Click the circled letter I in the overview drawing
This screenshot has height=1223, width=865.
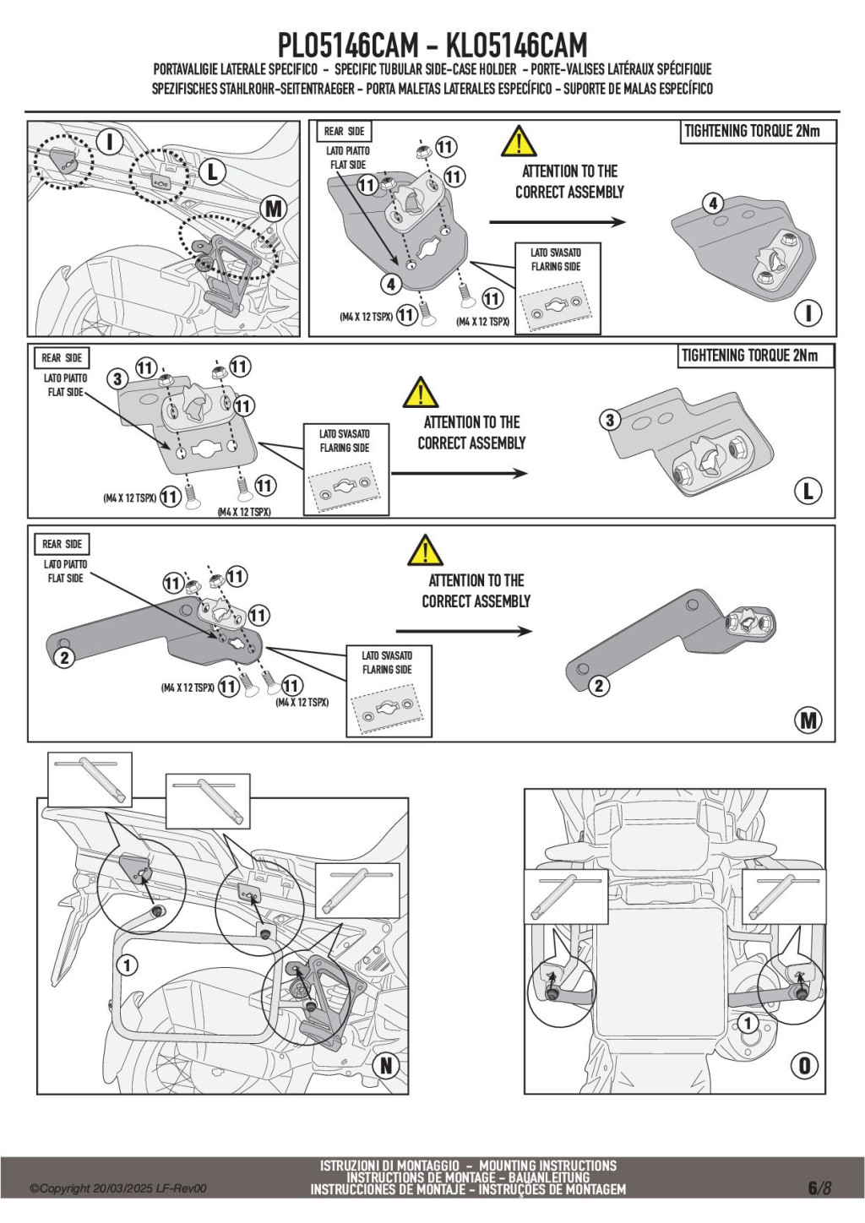[109, 141]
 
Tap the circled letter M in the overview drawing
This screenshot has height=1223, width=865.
[274, 208]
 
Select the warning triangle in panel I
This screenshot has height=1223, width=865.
[519, 142]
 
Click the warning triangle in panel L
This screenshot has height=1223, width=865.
[420, 393]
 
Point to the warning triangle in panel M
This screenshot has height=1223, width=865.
[425, 551]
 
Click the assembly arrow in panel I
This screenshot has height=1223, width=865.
[558, 222]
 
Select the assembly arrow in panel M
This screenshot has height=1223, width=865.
[464, 631]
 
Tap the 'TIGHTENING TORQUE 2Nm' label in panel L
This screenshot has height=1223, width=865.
[750, 356]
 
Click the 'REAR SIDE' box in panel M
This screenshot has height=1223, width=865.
[63, 544]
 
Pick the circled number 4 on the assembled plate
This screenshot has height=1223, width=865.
[713, 204]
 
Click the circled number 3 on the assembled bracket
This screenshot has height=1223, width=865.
[610, 420]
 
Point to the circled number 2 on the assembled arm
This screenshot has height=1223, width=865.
[599, 686]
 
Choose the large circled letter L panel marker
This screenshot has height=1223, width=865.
[808, 491]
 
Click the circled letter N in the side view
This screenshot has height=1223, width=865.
[386, 1065]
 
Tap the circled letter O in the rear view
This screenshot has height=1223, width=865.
[804, 1066]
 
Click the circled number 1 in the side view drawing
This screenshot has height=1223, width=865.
[127, 965]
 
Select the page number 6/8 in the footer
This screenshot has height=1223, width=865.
[819, 1188]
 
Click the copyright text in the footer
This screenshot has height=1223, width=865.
[118, 1188]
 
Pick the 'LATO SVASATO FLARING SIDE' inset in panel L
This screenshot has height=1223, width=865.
[345, 470]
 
